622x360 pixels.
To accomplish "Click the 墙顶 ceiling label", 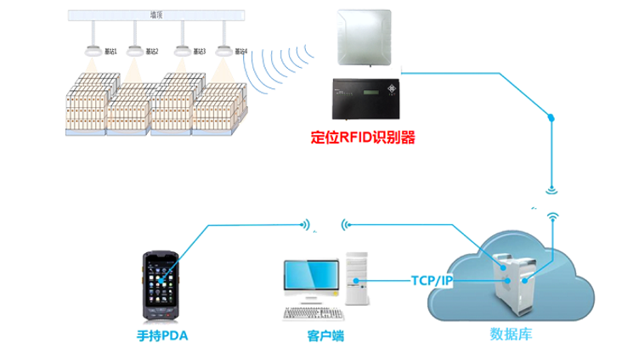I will [155, 14].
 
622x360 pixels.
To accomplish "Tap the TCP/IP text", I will [431, 280].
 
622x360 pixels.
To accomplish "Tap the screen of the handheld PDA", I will [162, 280].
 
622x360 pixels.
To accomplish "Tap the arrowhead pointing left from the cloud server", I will [345, 225].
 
